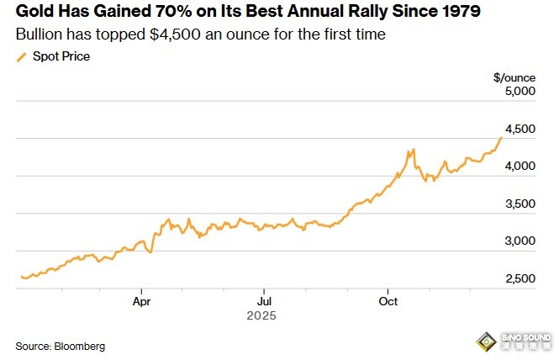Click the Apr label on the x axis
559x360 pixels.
(x=141, y=300)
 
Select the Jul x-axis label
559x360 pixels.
(x=264, y=300)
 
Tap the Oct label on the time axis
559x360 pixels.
(x=388, y=300)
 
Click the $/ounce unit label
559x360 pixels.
(x=514, y=77)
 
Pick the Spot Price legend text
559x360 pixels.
(x=61, y=56)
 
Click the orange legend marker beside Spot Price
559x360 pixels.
(x=22, y=56)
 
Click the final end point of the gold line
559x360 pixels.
(x=502, y=137)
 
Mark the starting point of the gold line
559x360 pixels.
(x=21, y=277)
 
